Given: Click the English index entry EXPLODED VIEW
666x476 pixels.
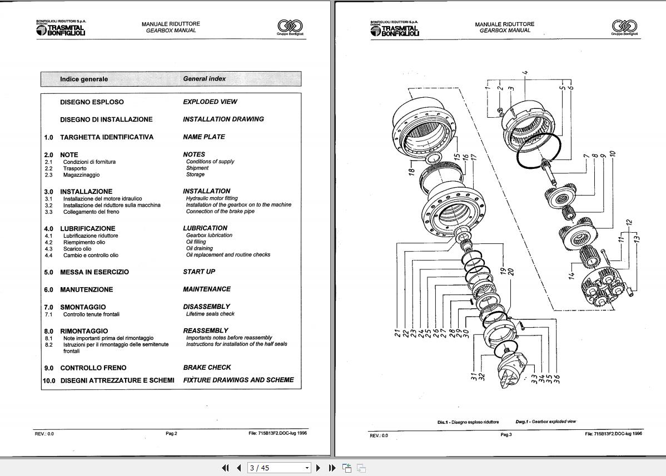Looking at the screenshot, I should click(x=210, y=102).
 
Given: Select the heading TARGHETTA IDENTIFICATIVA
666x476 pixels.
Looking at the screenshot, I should click(x=107, y=137).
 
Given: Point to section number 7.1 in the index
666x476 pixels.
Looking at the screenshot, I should click(x=48, y=314).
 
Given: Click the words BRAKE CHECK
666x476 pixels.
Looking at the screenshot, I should click(x=207, y=368).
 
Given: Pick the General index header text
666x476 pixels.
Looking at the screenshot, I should click(x=204, y=79).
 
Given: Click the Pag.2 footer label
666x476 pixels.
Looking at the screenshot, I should click(x=171, y=434).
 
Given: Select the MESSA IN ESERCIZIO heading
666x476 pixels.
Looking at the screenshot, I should click(x=95, y=272).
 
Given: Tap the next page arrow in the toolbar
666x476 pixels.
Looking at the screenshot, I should click(x=318, y=468).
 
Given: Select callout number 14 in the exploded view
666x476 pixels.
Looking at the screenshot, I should click(x=571, y=274).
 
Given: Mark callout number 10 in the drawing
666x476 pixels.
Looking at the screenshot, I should click(x=612, y=153).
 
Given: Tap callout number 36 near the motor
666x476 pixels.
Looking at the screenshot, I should click(x=557, y=379).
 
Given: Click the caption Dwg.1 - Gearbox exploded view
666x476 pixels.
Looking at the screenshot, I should click(x=545, y=422).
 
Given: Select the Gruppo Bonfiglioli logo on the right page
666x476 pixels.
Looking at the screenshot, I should click(x=624, y=27).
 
